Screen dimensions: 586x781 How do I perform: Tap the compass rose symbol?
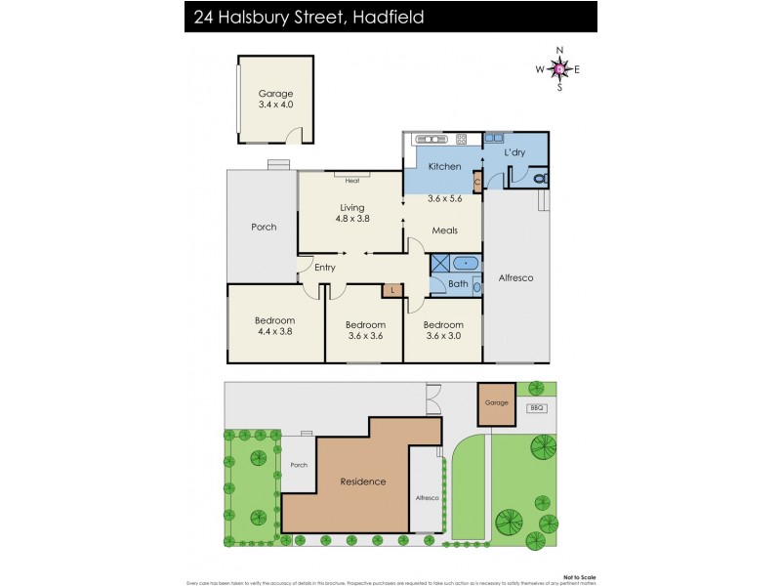(x=558, y=68)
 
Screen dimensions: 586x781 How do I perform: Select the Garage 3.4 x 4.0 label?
(x=275, y=99)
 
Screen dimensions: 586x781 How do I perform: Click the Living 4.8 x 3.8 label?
(x=351, y=213)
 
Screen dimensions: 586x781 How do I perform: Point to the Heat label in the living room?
(x=351, y=180)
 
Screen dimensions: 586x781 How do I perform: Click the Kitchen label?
(x=444, y=167)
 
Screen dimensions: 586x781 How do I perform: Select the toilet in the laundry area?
(x=540, y=179)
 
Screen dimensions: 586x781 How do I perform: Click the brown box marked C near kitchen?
(x=477, y=181)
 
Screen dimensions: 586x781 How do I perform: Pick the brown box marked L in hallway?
(x=392, y=290)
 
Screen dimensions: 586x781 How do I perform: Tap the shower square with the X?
(x=439, y=263)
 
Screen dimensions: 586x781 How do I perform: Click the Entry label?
(x=324, y=268)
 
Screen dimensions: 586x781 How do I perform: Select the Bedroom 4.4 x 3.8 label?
(x=274, y=326)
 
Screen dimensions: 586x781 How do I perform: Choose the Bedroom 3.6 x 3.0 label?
(x=443, y=330)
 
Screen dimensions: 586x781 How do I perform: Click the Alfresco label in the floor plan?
(x=515, y=277)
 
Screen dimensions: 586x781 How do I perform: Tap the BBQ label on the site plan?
(x=535, y=407)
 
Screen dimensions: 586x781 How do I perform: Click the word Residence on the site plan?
(x=362, y=481)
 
